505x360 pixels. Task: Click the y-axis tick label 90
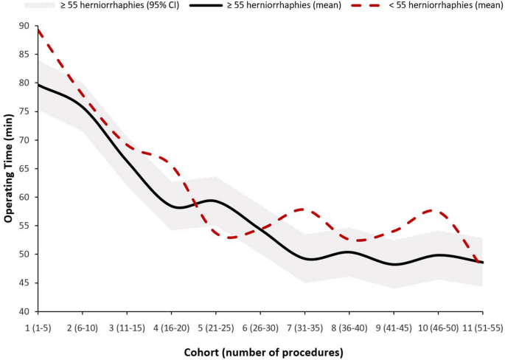pos(25,26)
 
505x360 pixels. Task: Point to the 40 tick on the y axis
pos(25,311)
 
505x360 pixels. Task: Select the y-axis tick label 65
pos(25,168)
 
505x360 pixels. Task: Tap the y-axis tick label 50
pos(25,255)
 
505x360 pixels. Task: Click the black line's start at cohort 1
pos(38,85)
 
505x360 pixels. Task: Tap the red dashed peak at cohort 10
pos(437,211)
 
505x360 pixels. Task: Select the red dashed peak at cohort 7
pos(304,210)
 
